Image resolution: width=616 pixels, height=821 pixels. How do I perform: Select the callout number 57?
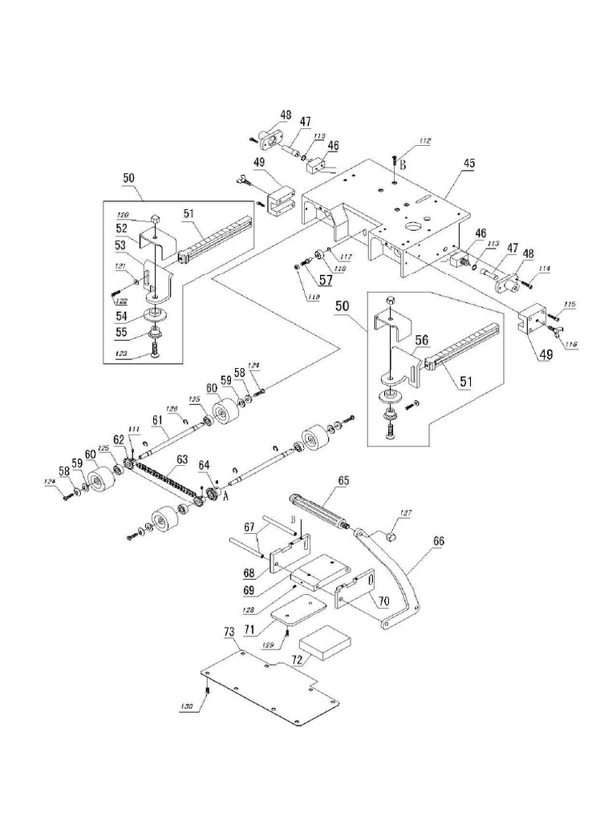tap(304, 280)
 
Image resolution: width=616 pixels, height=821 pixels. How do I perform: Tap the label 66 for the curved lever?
tap(438, 542)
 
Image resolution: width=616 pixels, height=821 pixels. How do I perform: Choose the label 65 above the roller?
tap(343, 481)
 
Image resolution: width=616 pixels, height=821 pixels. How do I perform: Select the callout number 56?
tap(421, 340)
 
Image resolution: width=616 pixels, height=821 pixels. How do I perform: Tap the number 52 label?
tap(121, 229)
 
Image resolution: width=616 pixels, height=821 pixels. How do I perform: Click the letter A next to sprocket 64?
tap(226, 496)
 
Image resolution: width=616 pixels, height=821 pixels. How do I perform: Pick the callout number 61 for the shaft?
tap(157, 420)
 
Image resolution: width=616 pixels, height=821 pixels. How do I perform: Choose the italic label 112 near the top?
tap(424, 142)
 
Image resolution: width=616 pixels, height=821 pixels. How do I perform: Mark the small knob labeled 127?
tap(391, 532)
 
